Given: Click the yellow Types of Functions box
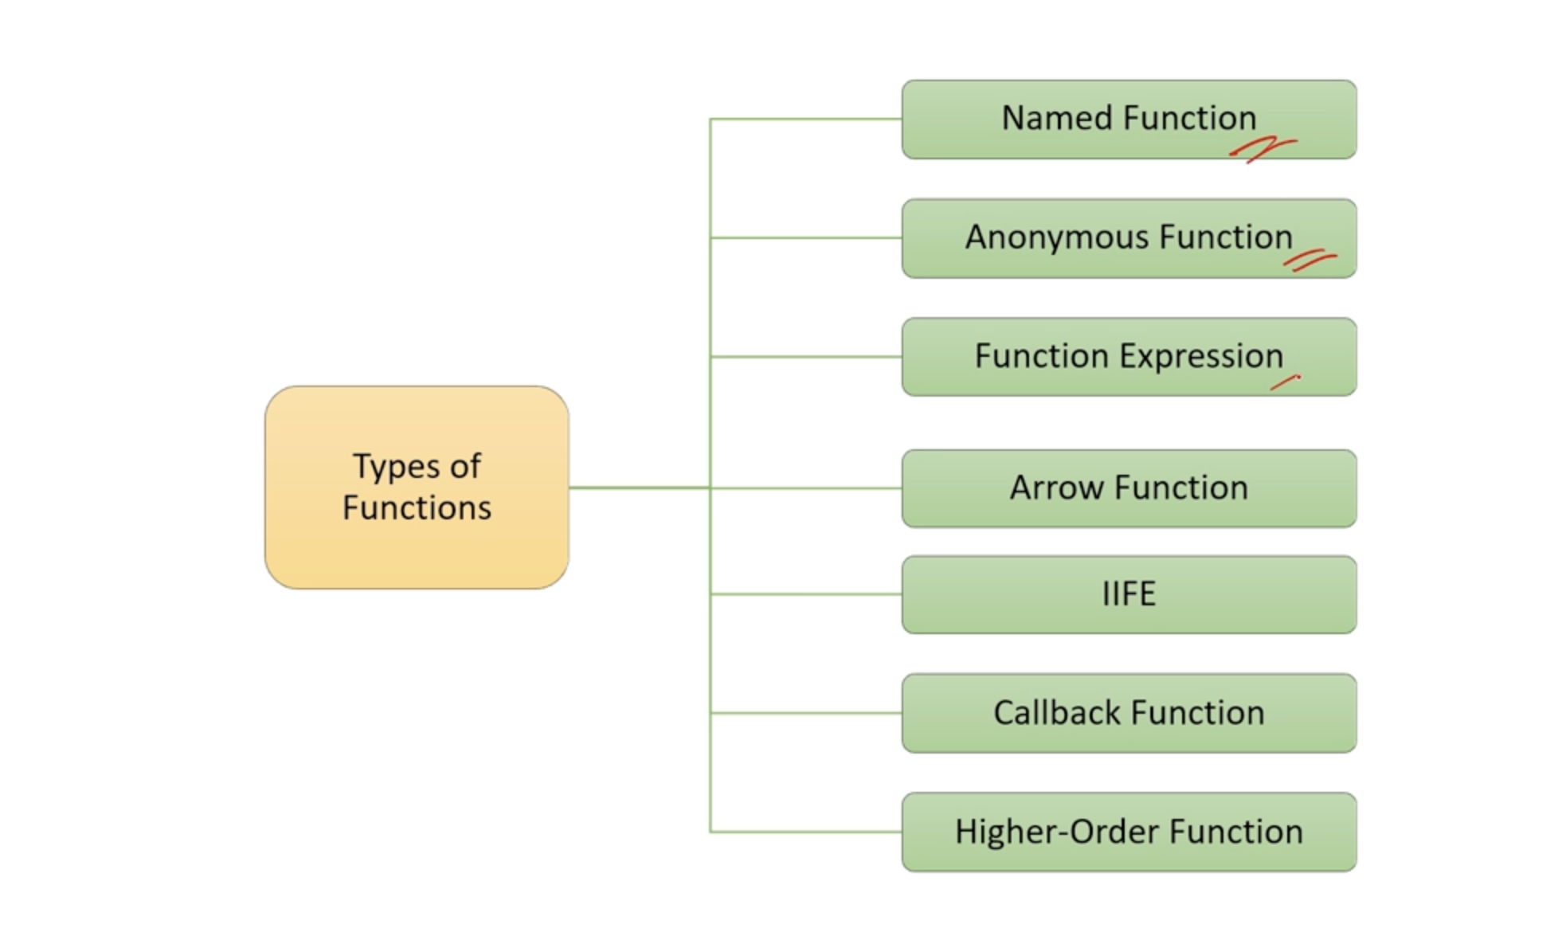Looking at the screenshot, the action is pyautogui.click(x=417, y=488).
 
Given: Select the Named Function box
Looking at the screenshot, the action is pyautogui.click(x=1129, y=119).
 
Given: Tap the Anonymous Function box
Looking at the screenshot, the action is pyautogui.click(x=1129, y=238).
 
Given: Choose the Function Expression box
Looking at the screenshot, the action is pyautogui.click(x=1129, y=357).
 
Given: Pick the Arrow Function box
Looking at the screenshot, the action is pyautogui.click(x=1129, y=488).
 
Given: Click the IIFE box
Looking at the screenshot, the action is pyautogui.click(x=1129, y=594).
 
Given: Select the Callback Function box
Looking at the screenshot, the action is pyautogui.click(x=1129, y=713).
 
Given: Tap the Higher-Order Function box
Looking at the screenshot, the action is pyautogui.click(x=1129, y=832).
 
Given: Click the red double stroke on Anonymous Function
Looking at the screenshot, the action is pyautogui.click(x=1310, y=260).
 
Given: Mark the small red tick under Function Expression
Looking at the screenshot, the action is pyautogui.click(x=1285, y=382).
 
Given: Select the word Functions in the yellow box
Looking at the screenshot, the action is pyautogui.click(x=417, y=507).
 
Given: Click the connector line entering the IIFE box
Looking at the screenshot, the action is pyautogui.click(x=806, y=594).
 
